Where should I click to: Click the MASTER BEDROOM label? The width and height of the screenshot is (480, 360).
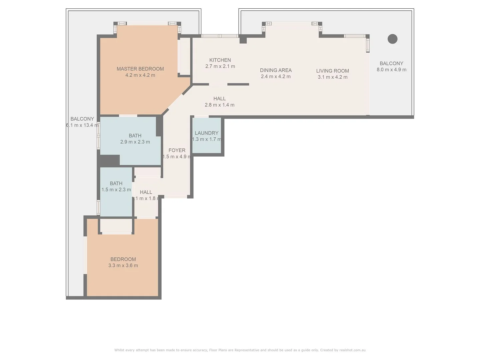[x=140, y=69]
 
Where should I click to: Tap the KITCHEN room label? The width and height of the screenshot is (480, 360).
[x=220, y=60]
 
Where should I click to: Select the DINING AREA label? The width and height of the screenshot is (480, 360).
[x=276, y=70]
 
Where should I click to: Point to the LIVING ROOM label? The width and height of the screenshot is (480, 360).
[x=332, y=71]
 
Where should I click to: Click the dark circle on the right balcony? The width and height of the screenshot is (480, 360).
[x=392, y=39]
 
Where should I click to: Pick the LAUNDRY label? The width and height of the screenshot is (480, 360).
[x=206, y=133]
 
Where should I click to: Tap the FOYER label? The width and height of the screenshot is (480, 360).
[x=177, y=150]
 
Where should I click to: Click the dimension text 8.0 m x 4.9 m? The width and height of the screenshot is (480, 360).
[x=391, y=70]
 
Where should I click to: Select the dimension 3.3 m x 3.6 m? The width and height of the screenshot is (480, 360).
[x=123, y=266]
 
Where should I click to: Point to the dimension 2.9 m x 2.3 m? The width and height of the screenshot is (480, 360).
[x=135, y=142]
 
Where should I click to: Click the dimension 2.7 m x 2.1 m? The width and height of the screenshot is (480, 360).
[x=220, y=66]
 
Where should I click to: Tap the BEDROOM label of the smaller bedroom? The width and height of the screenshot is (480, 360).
[x=123, y=259]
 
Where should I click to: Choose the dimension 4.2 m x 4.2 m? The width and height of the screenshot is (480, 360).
[x=140, y=75]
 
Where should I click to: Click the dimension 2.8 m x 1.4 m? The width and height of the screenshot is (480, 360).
[x=219, y=105]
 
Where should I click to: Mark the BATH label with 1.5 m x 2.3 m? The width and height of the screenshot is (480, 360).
[x=116, y=183]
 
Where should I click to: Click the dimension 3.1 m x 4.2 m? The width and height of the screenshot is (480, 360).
[x=332, y=77]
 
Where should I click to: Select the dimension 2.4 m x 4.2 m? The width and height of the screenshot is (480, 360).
[x=276, y=77]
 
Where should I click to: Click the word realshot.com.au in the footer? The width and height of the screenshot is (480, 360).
[x=352, y=350]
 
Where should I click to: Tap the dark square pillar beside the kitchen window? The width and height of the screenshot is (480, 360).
[x=243, y=40]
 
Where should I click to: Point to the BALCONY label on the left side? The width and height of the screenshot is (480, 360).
[x=82, y=119]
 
